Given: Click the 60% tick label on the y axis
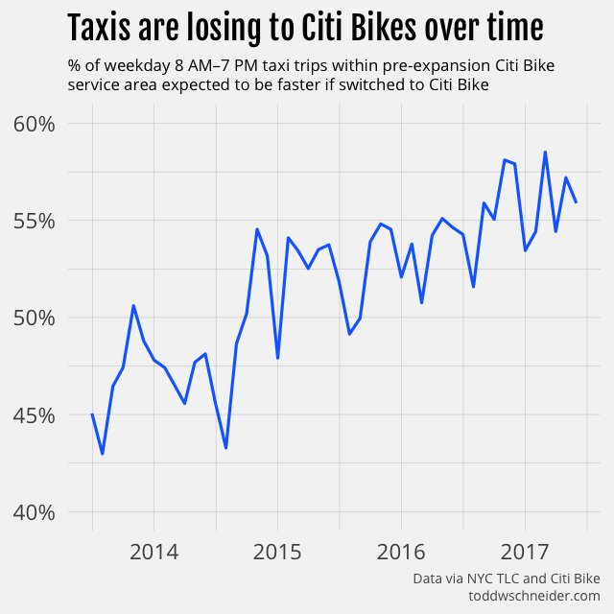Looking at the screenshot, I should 39,124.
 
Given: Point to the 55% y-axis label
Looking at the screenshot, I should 39,221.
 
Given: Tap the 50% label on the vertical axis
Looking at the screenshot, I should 39,318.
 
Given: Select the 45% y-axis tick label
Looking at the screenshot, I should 39,415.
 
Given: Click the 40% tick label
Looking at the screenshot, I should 39,512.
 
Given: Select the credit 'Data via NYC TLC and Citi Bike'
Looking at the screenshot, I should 506,579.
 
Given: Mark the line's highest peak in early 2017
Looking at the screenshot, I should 545,152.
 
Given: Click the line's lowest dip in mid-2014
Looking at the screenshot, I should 225,448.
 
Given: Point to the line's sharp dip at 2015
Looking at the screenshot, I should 277,358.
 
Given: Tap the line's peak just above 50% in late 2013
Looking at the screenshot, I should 133,306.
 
